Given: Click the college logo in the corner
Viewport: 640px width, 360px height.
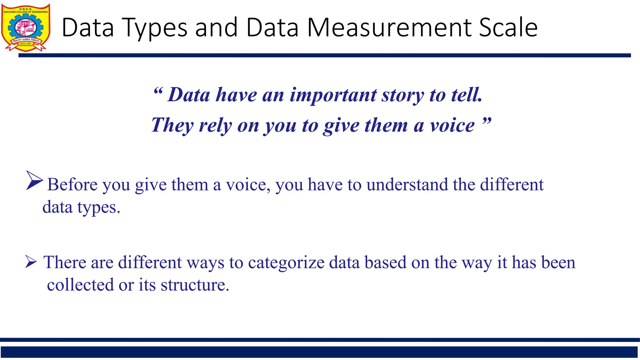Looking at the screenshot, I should (x=26, y=27).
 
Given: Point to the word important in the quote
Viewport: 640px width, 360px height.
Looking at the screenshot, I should (x=333, y=95).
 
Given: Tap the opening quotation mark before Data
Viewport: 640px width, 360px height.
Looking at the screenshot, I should (x=158, y=92).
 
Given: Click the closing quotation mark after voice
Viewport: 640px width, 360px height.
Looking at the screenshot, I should (x=487, y=121).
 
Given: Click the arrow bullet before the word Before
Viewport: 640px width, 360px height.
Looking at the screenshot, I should (x=34, y=180).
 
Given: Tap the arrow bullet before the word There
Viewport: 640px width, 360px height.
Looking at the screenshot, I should (x=31, y=262).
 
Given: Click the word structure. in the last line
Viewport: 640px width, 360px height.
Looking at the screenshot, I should (x=195, y=285).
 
